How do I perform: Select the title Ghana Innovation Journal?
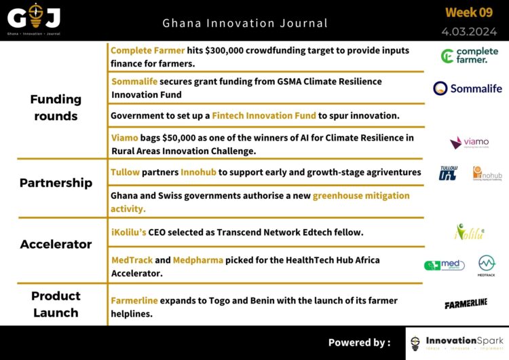245,23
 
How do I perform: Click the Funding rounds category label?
56,107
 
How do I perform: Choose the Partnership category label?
56,183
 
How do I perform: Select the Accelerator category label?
56,244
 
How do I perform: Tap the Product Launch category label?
56,304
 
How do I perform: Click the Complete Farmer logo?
469,56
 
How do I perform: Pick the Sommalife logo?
468,88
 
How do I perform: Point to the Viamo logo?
469,143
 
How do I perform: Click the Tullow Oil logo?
448,173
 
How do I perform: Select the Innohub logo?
487,173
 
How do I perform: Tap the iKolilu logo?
469,232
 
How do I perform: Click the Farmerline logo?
466,304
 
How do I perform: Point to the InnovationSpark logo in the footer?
456,343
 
